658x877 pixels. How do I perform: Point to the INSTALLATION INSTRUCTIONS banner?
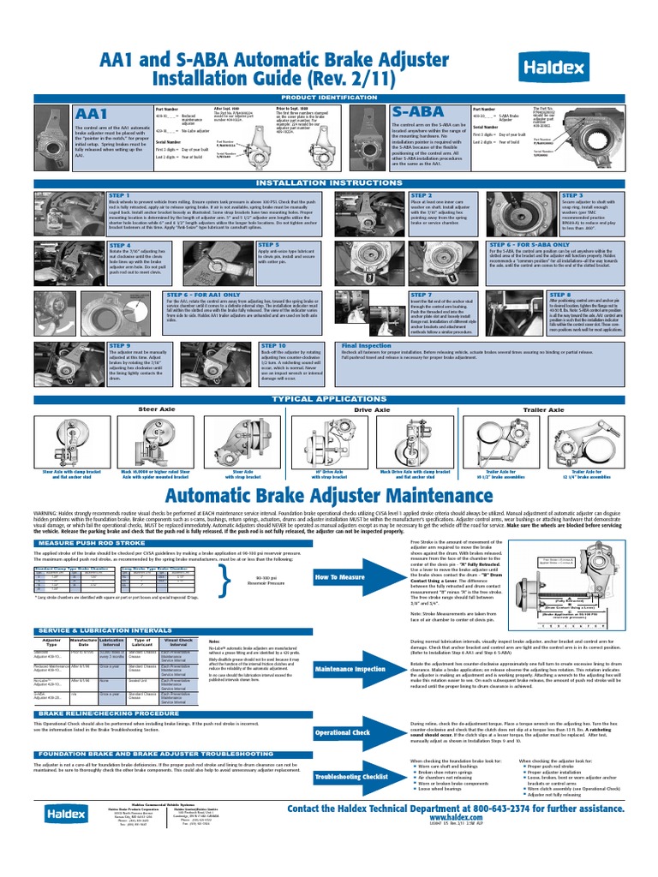coord(329,182)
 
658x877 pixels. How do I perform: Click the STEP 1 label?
coord(119,196)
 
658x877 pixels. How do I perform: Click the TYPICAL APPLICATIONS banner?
coord(329,399)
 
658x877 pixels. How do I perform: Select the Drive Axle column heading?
coord(372,410)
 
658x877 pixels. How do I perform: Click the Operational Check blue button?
coord(343,733)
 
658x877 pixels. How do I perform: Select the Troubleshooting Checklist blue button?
coord(345,776)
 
